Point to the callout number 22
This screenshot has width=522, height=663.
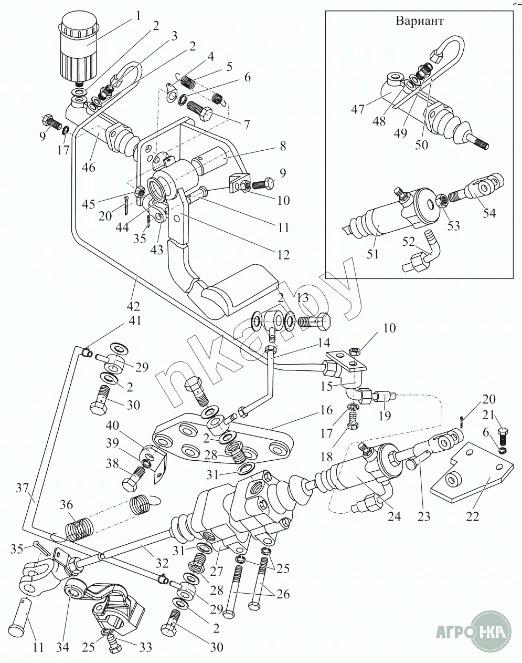click(473, 517)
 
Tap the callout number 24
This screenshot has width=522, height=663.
click(393, 517)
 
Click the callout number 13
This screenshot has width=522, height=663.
click(303, 298)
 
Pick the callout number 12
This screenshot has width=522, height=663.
click(283, 255)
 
